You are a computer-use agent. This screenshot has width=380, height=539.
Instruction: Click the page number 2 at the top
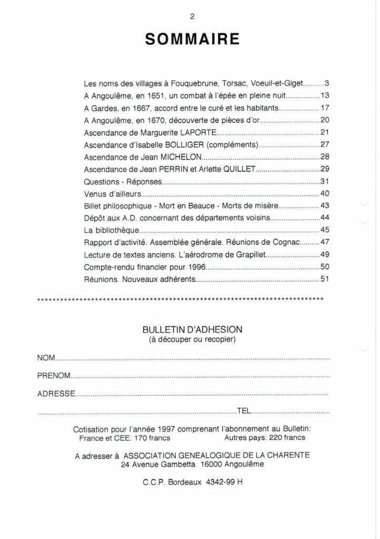pos(192,15)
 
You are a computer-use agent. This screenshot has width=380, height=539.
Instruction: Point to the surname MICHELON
pos(179,156)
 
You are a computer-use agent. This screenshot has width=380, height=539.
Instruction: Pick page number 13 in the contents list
pos(324,96)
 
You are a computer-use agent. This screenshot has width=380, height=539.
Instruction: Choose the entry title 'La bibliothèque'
pos(111,230)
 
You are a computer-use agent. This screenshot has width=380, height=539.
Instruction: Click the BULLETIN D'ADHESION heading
pos(192,329)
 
